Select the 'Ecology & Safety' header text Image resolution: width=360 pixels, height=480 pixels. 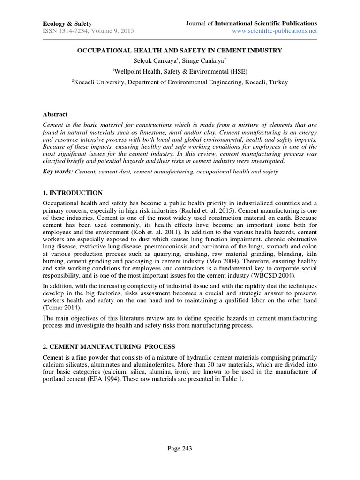pyautogui.click(x=67, y=23)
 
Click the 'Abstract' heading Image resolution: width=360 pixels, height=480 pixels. pyautogui.click(x=55, y=114)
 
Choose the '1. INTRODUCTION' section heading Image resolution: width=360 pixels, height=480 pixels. pyautogui.click(x=72, y=193)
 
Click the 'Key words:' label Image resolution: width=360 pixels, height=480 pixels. pyautogui.click(x=58, y=172)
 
